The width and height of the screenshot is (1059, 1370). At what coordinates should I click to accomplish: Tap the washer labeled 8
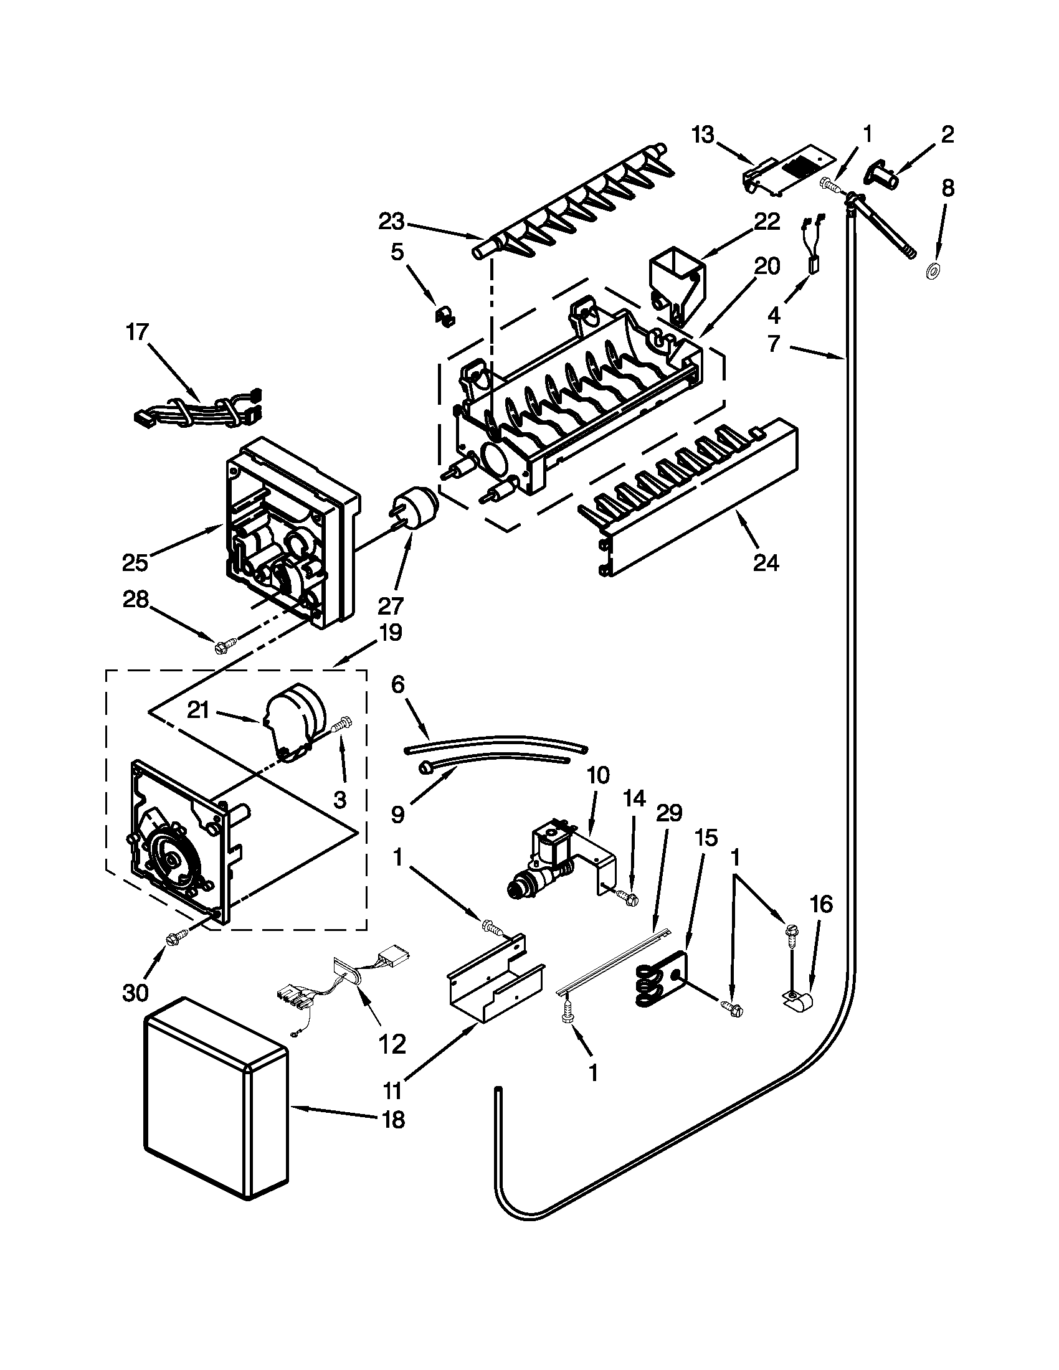click(933, 272)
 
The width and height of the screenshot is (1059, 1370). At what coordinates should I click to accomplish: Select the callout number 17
click(138, 332)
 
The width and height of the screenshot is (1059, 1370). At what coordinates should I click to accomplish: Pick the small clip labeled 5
click(445, 314)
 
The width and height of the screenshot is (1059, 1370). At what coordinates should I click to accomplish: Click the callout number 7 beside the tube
click(774, 343)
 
